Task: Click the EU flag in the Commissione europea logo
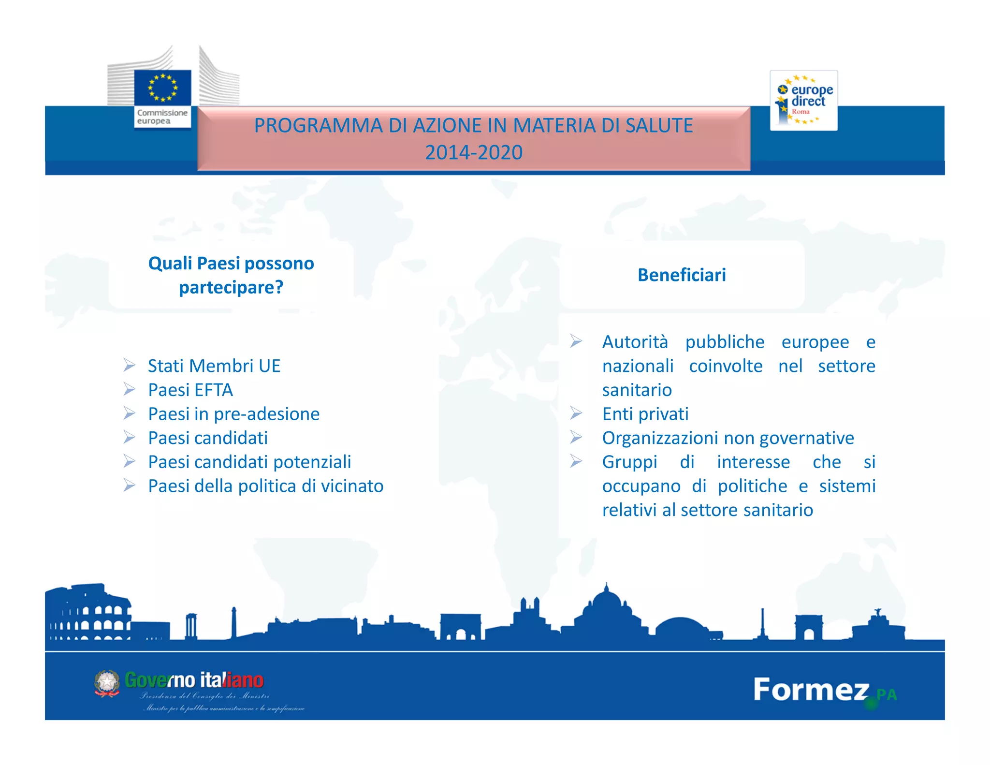[162, 87]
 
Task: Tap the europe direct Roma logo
[803, 101]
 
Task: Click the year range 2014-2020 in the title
[473, 152]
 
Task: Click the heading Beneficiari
[681, 275]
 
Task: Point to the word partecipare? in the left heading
[231, 288]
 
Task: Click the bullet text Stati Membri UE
[214, 366]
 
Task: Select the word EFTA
[214, 390]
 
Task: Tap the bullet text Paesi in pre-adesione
[233, 414]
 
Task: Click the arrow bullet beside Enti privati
[575, 413]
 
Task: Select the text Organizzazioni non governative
[728, 438]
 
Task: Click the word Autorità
[635, 342]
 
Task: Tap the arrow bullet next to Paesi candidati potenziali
[129, 461]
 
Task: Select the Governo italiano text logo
[194, 680]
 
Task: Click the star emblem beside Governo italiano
[107, 683]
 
